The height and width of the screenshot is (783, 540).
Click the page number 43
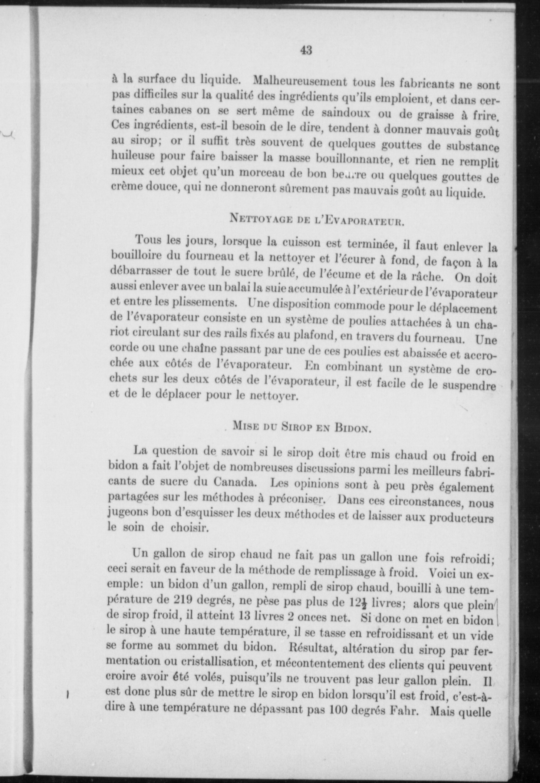pyautogui.click(x=306, y=49)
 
